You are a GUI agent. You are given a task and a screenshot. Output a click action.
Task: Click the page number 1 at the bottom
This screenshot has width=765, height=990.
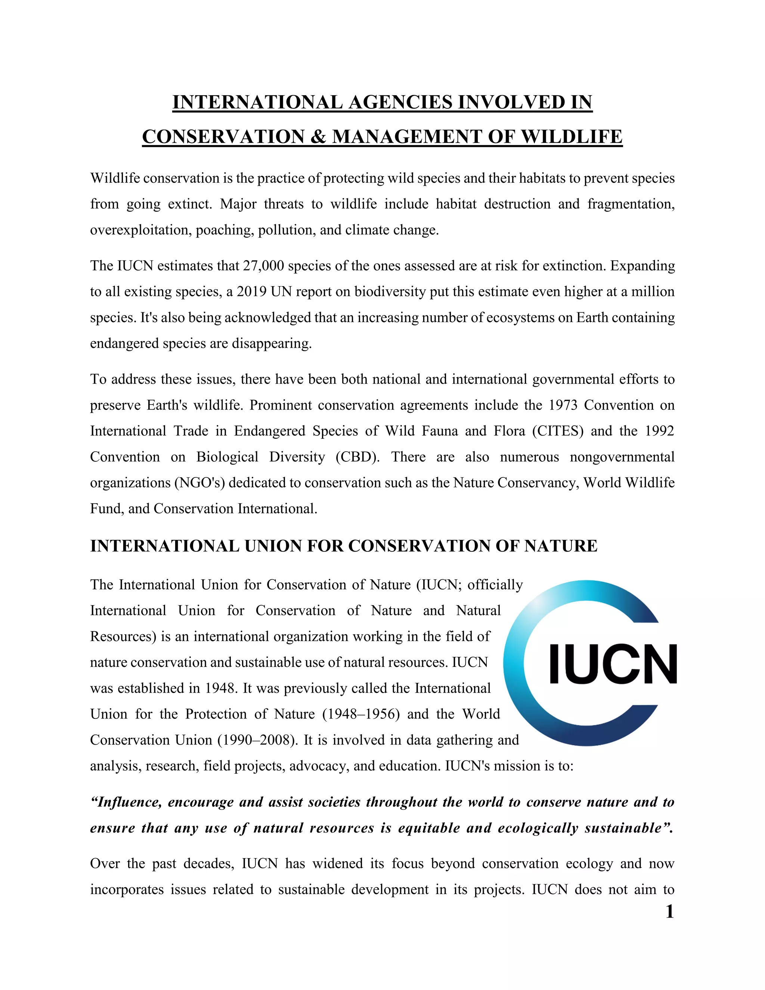669,912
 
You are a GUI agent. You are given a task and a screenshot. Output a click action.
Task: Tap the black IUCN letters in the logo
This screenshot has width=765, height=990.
613,664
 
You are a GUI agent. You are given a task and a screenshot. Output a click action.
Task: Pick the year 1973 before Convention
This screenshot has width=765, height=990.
563,405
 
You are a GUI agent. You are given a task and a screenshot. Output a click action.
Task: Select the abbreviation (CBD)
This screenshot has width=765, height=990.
357,457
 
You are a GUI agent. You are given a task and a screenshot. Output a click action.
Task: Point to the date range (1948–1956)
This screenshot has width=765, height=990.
361,714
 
